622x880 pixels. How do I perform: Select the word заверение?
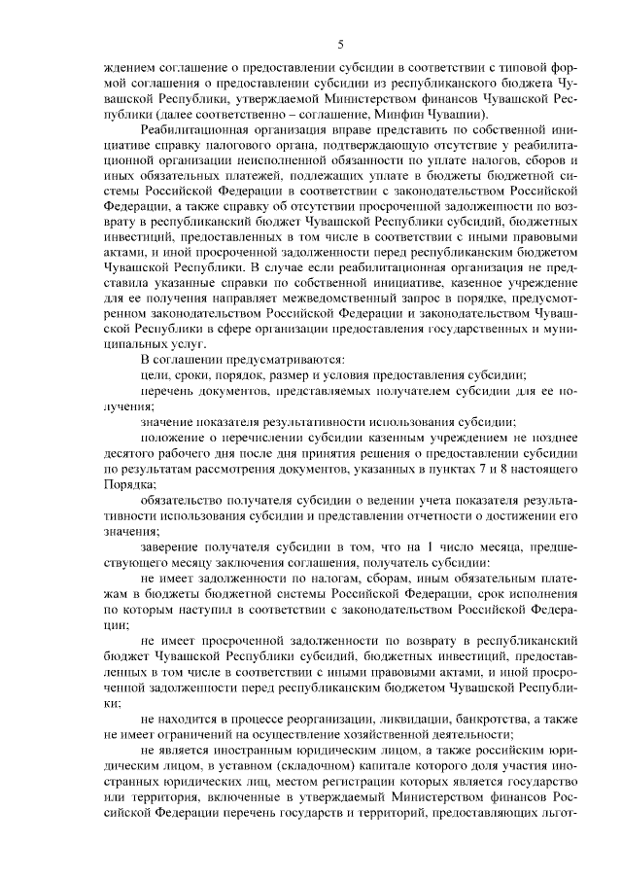(171, 549)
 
